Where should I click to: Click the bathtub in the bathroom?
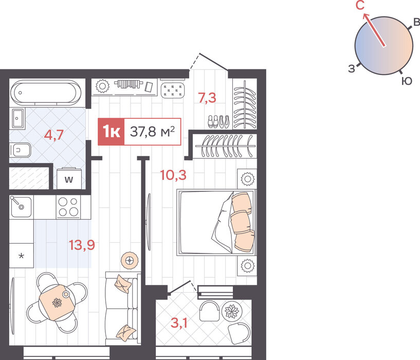[46, 93]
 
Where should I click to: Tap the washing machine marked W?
[69, 178]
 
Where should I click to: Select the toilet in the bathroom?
[20, 150]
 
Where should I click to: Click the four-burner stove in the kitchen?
[68, 207]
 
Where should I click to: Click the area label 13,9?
[82, 245]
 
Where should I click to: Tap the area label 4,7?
[53, 135]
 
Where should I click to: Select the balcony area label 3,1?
[179, 323]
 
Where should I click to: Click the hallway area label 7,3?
[207, 98]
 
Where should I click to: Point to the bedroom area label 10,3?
[173, 175]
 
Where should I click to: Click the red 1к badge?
[111, 132]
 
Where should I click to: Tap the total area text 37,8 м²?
[152, 132]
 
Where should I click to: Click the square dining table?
[57, 302]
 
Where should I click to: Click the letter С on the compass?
[360, 5]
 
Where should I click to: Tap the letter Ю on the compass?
[407, 81]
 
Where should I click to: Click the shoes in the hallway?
[218, 121]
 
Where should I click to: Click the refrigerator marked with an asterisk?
[22, 256]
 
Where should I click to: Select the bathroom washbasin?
[18, 118]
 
